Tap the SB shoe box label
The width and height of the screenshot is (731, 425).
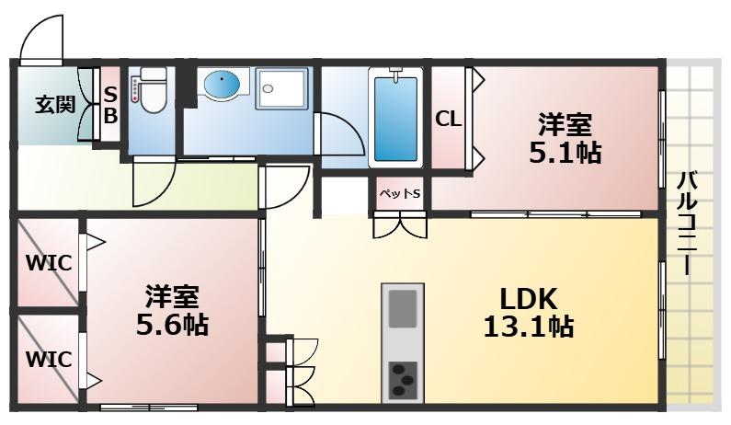pyautogui.click(x=109, y=103)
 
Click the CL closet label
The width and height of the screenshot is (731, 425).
pyautogui.click(x=448, y=119)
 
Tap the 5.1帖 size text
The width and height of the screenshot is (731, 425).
pyautogui.click(x=564, y=152)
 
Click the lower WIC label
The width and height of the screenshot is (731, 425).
pyautogui.click(x=48, y=359)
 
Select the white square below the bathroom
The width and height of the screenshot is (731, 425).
pyautogui.click(x=344, y=196)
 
